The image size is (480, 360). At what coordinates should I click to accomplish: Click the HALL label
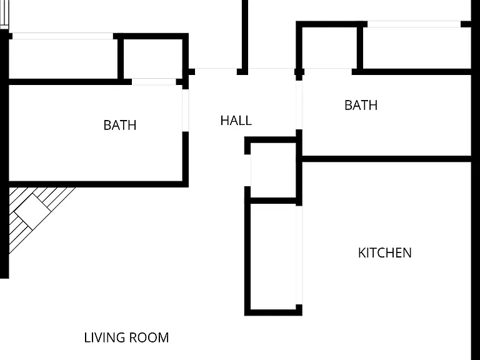(x=236, y=121)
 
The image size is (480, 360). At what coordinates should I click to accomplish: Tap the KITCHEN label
(x=385, y=253)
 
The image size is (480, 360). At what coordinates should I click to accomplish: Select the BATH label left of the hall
(x=120, y=125)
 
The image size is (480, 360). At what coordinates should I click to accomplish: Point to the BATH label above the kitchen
(x=361, y=105)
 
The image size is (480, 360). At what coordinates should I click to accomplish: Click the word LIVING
(x=104, y=337)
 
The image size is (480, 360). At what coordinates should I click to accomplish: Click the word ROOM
(x=149, y=337)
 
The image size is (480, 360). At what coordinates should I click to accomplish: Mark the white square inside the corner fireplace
(x=32, y=211)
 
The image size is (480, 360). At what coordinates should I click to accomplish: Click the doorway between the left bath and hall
(x=186, y=110)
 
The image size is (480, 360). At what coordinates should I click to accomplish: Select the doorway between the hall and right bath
(x=299, y=105)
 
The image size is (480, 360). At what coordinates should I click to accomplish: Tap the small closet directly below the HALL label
(x=273, y=170)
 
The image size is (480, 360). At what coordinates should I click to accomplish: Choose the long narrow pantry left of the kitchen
(x=273, y=256)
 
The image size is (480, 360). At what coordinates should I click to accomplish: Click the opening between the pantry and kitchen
(x=299, y=255)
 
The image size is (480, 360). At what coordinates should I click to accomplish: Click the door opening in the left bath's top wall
(x=154, y=82)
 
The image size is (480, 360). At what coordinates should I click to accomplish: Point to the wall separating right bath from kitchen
(x=387, y=159)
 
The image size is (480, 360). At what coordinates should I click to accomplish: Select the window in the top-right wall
(x=414, y=24)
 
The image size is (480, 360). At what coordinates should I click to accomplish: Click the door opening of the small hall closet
(x=247, y=170)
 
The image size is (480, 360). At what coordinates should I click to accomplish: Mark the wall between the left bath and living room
(x=99, y=184)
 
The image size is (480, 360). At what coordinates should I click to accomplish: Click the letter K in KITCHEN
(x=361, y=253)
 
